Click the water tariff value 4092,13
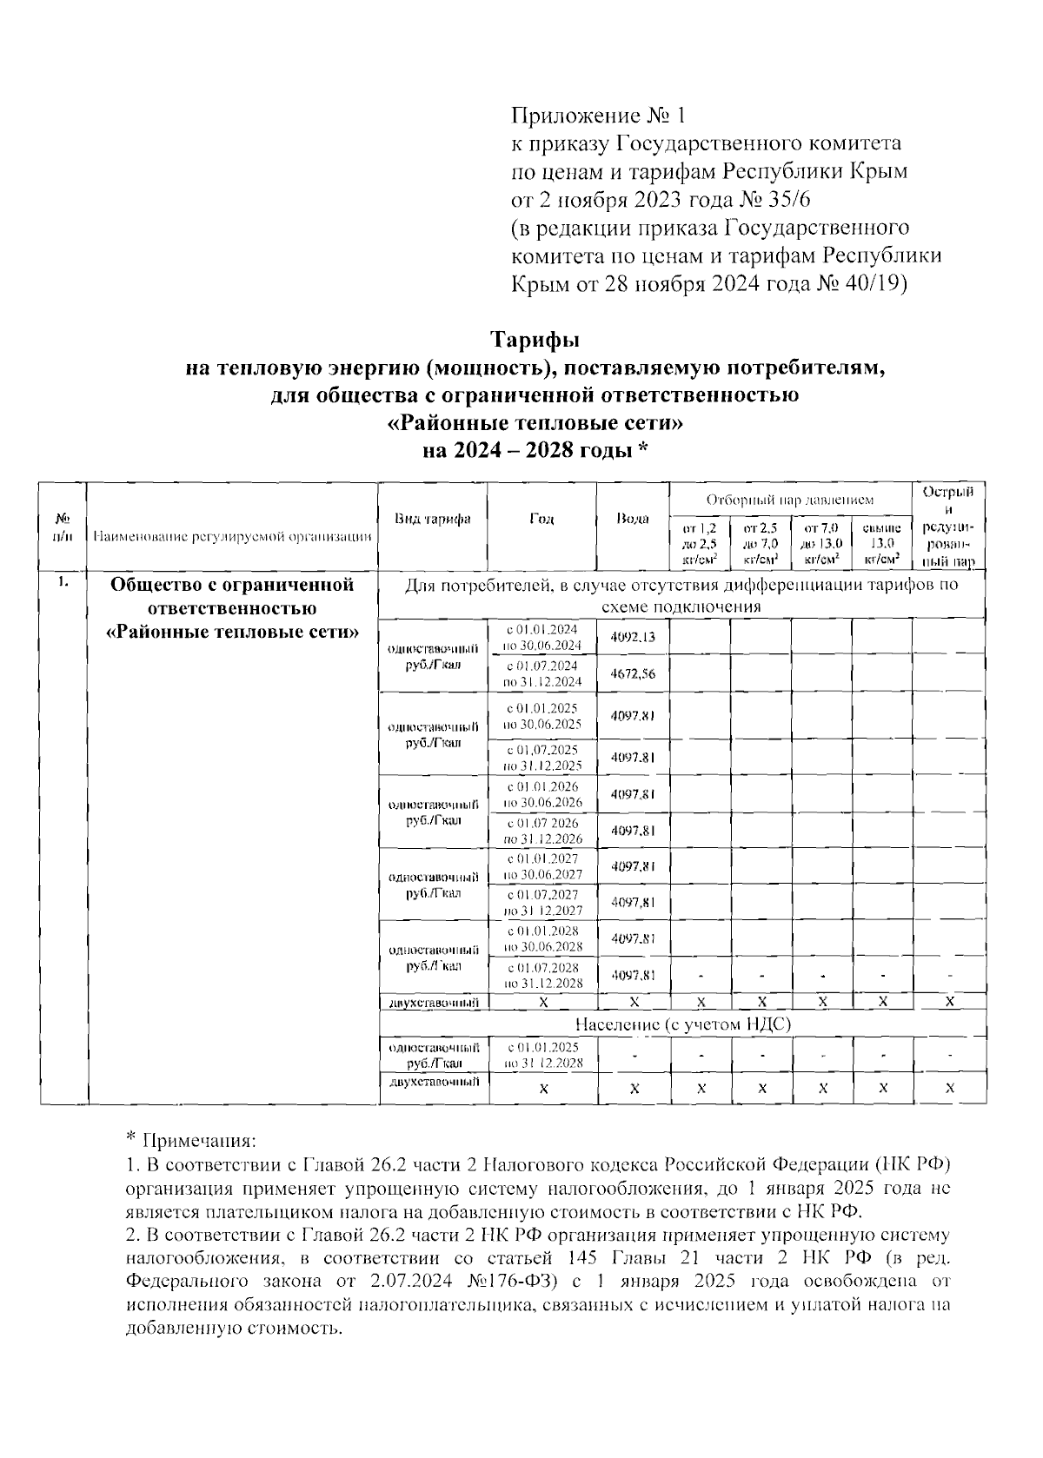(x=633, y=638)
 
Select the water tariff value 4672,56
(x=633, y=674)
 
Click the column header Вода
(x=632, y=520)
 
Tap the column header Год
(x=541, y=520)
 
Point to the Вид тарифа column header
(x=433, y=520)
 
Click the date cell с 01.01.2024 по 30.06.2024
(x=541, y=638)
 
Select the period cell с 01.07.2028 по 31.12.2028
(x=541, y=975)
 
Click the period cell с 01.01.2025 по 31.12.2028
(x=541, y=1056)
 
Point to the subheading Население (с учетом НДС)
(x=682, y=1024)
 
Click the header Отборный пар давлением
(x=789, y=500)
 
